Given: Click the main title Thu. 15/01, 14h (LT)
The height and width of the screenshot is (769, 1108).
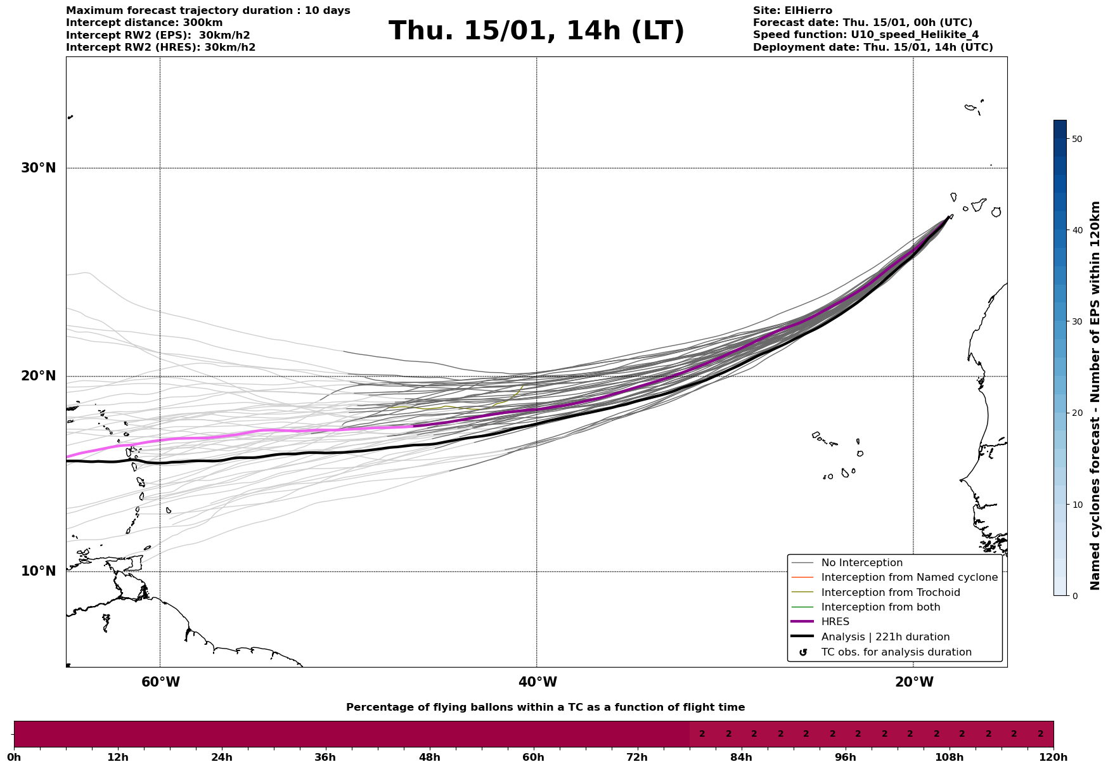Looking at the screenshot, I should (x=536, y=31).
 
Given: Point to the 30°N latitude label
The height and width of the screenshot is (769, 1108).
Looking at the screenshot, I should (x=39, y=168).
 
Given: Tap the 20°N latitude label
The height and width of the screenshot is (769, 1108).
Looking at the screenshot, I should (x=39, y=376).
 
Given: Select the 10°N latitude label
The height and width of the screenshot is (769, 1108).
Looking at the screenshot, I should (x=39, y=571).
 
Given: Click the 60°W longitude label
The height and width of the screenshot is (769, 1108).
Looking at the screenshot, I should (x=160, y=682).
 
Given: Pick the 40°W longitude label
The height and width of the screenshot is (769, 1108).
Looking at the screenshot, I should (x=538, y=682).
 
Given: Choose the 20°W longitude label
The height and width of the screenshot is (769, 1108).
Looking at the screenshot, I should (x=914, y=682).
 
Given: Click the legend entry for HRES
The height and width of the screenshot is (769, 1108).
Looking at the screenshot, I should (x=835, y=622).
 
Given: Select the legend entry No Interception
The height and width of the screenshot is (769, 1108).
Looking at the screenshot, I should (x=861, y=563).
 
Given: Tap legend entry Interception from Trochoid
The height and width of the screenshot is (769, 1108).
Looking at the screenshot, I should (x=890, y=593).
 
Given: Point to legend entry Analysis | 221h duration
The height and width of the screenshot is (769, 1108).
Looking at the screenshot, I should (x=885, y=637).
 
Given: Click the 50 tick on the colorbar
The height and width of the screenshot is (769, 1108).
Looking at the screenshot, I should (x=1076, y=139).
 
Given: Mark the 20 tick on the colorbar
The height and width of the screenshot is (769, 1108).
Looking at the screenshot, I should (x=1076, y=413).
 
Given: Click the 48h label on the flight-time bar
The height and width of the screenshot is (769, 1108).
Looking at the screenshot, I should (x=429, y=758).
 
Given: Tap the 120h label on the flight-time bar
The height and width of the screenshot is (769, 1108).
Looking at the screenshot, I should (x=1053, y=758).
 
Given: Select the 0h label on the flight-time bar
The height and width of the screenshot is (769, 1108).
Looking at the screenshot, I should (x=14, y=758).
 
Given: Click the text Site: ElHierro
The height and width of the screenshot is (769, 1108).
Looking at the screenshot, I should (x=792, y=11).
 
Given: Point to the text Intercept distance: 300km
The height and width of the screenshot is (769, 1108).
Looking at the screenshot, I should (x=144, y=23).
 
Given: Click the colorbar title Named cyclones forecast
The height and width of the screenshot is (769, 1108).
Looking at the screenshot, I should (x=1095, y=396).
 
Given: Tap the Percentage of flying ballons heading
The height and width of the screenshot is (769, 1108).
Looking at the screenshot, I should (x=545, y=708).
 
